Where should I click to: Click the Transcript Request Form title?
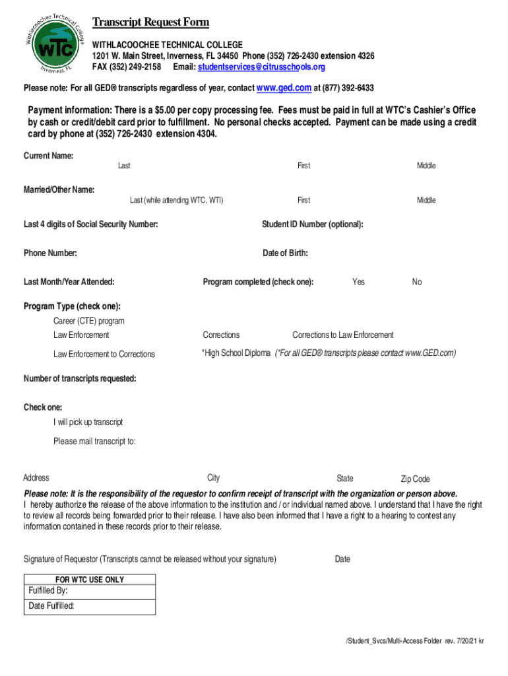[x=150, y=22]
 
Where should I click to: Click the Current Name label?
[x=48, y=156]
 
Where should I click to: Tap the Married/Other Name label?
[x=59, y=190]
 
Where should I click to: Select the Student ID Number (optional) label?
[x=312, y=224]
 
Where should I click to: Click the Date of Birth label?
[x=285, y=253]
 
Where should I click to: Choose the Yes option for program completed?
[x=358, y=282]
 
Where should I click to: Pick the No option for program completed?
[x=416, y=282]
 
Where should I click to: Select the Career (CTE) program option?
[x=88, y=321]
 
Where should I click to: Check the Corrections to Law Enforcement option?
[x=342, y=335]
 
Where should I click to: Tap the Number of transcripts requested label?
[x=80, y=379]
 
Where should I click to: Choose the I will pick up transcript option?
[x=88, y=422]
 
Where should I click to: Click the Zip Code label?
[x=415, y=479]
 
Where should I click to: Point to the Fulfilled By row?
[x=90, y=591]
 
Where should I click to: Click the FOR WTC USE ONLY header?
[x=90, y=580]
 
